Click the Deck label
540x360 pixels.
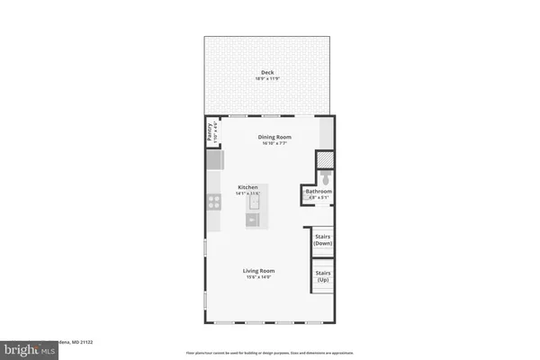[x=267, y=73]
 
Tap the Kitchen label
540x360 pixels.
[x=247, y=187]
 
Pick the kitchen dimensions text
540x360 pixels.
[x=247, y=193]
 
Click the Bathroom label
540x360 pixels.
[x=319, y=191]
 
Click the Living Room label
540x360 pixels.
[x=258, y=270]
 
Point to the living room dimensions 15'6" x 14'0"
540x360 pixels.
[x=258, y=277]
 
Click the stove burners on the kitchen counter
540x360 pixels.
[x=214, y=202]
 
